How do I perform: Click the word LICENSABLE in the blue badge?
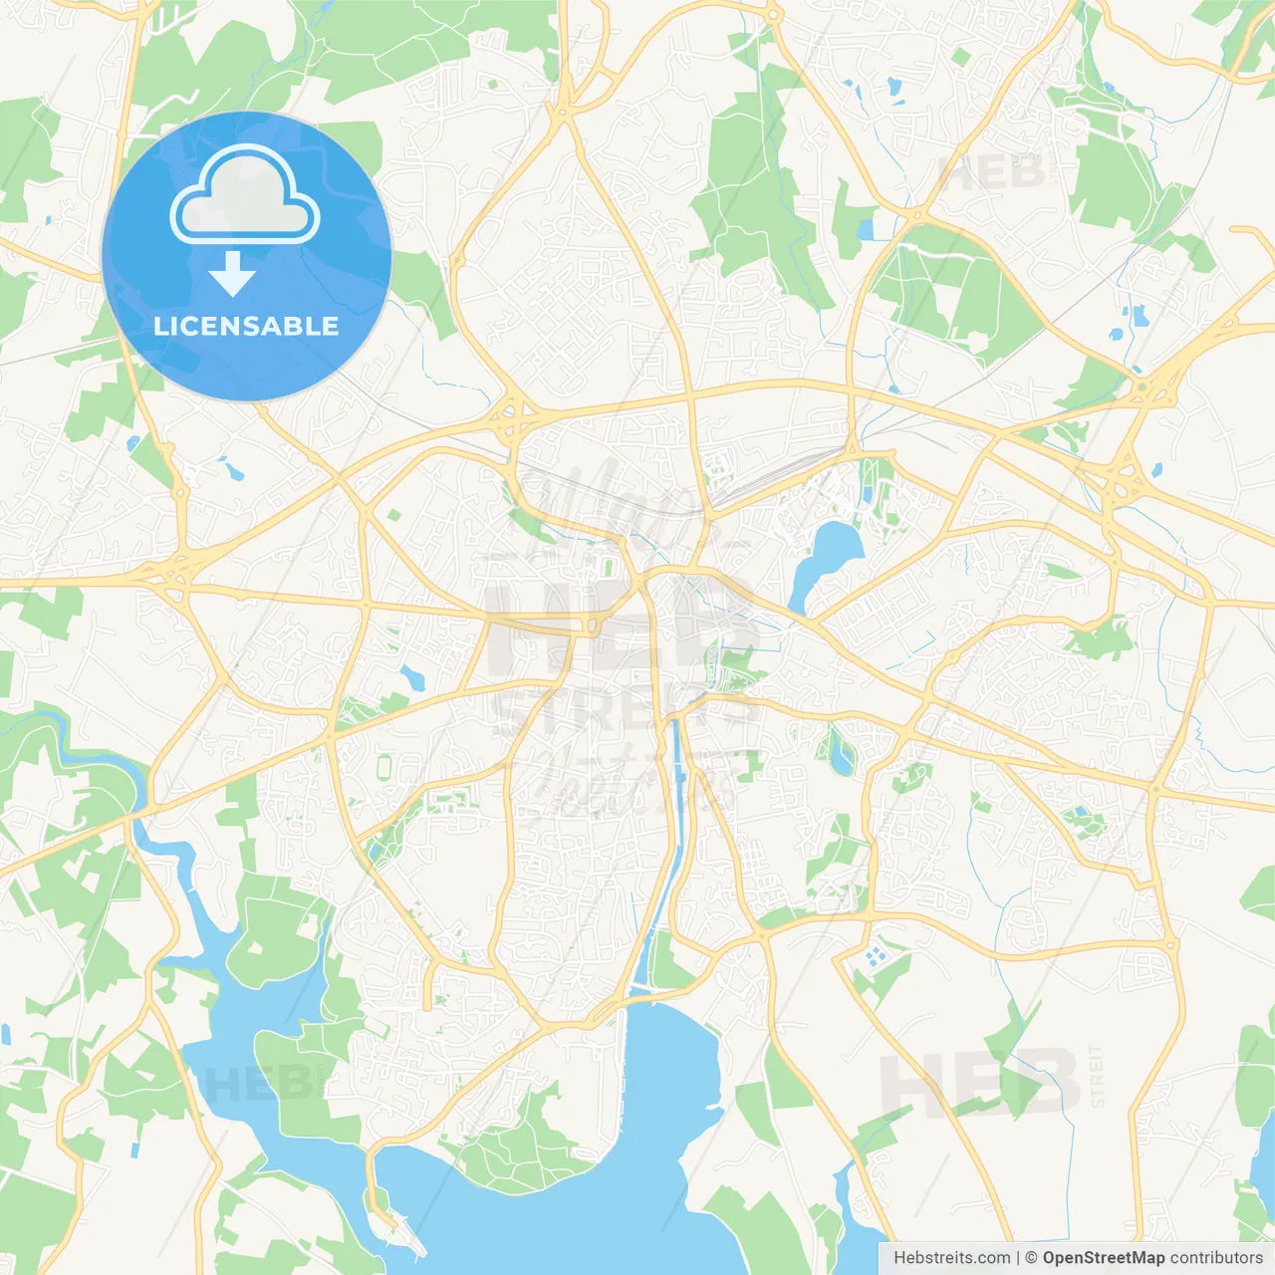(246, 326)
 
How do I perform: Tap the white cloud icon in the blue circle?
(245, 196)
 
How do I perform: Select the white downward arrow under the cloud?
(232, 274)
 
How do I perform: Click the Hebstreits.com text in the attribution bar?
(951, 1258)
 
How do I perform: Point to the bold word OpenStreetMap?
(1103, 1258)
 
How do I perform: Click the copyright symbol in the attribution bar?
(1031, 1258)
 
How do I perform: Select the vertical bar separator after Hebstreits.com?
(1018, 1258)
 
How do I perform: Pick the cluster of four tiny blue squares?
(875, 957)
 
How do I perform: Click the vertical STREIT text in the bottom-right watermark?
(1097, 1076)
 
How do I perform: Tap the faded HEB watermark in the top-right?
(991, 174)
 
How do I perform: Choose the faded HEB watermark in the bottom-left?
(254, 1083)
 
